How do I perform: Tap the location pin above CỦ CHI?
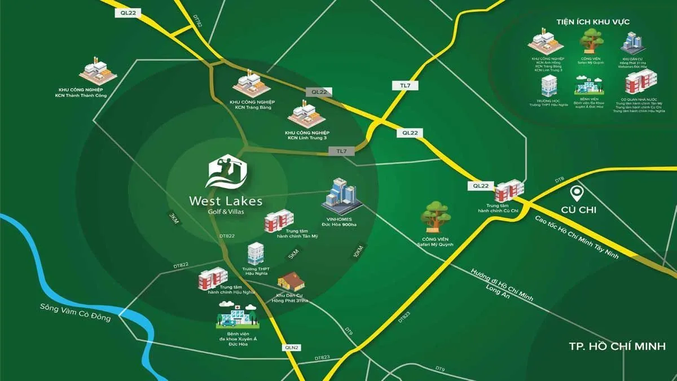[x=576, y=194]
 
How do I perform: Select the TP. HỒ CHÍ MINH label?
[x=617, y=346]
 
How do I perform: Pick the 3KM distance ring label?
[x=173, y=218]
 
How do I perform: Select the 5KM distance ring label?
[x=293, y=253]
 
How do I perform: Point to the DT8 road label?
[x=559, y=180]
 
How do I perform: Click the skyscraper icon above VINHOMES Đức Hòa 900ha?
[x=342, y=195]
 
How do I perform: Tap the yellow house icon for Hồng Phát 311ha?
[x=291, y=280]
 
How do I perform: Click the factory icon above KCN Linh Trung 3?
[x=307, y=115]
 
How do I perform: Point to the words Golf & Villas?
[x=226, y=211]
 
